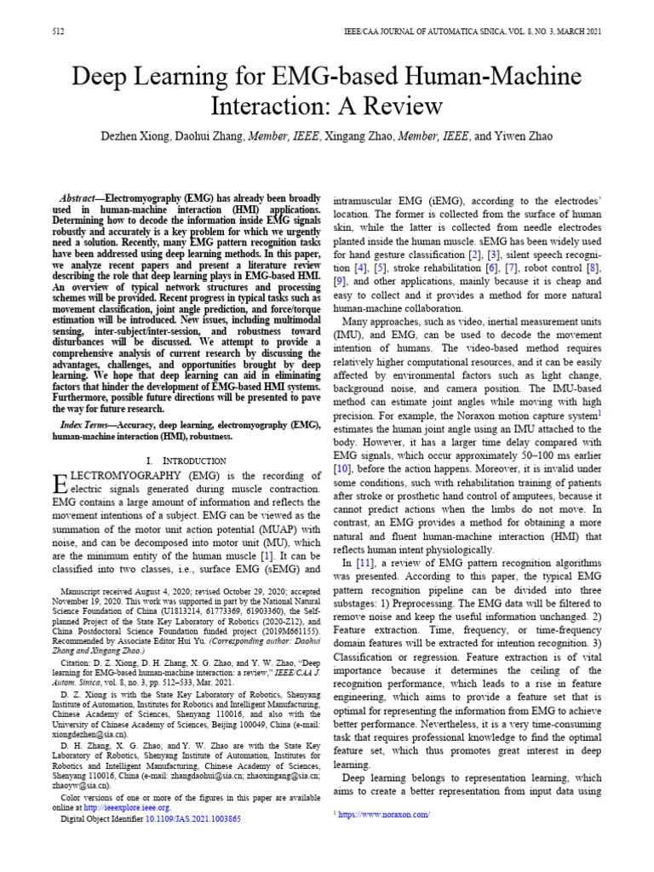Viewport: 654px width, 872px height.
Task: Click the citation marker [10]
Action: [x=341, y=468]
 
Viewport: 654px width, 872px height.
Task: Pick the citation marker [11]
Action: [x=366, y=564]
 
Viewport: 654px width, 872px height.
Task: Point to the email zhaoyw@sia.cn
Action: [x=76, y=786]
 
